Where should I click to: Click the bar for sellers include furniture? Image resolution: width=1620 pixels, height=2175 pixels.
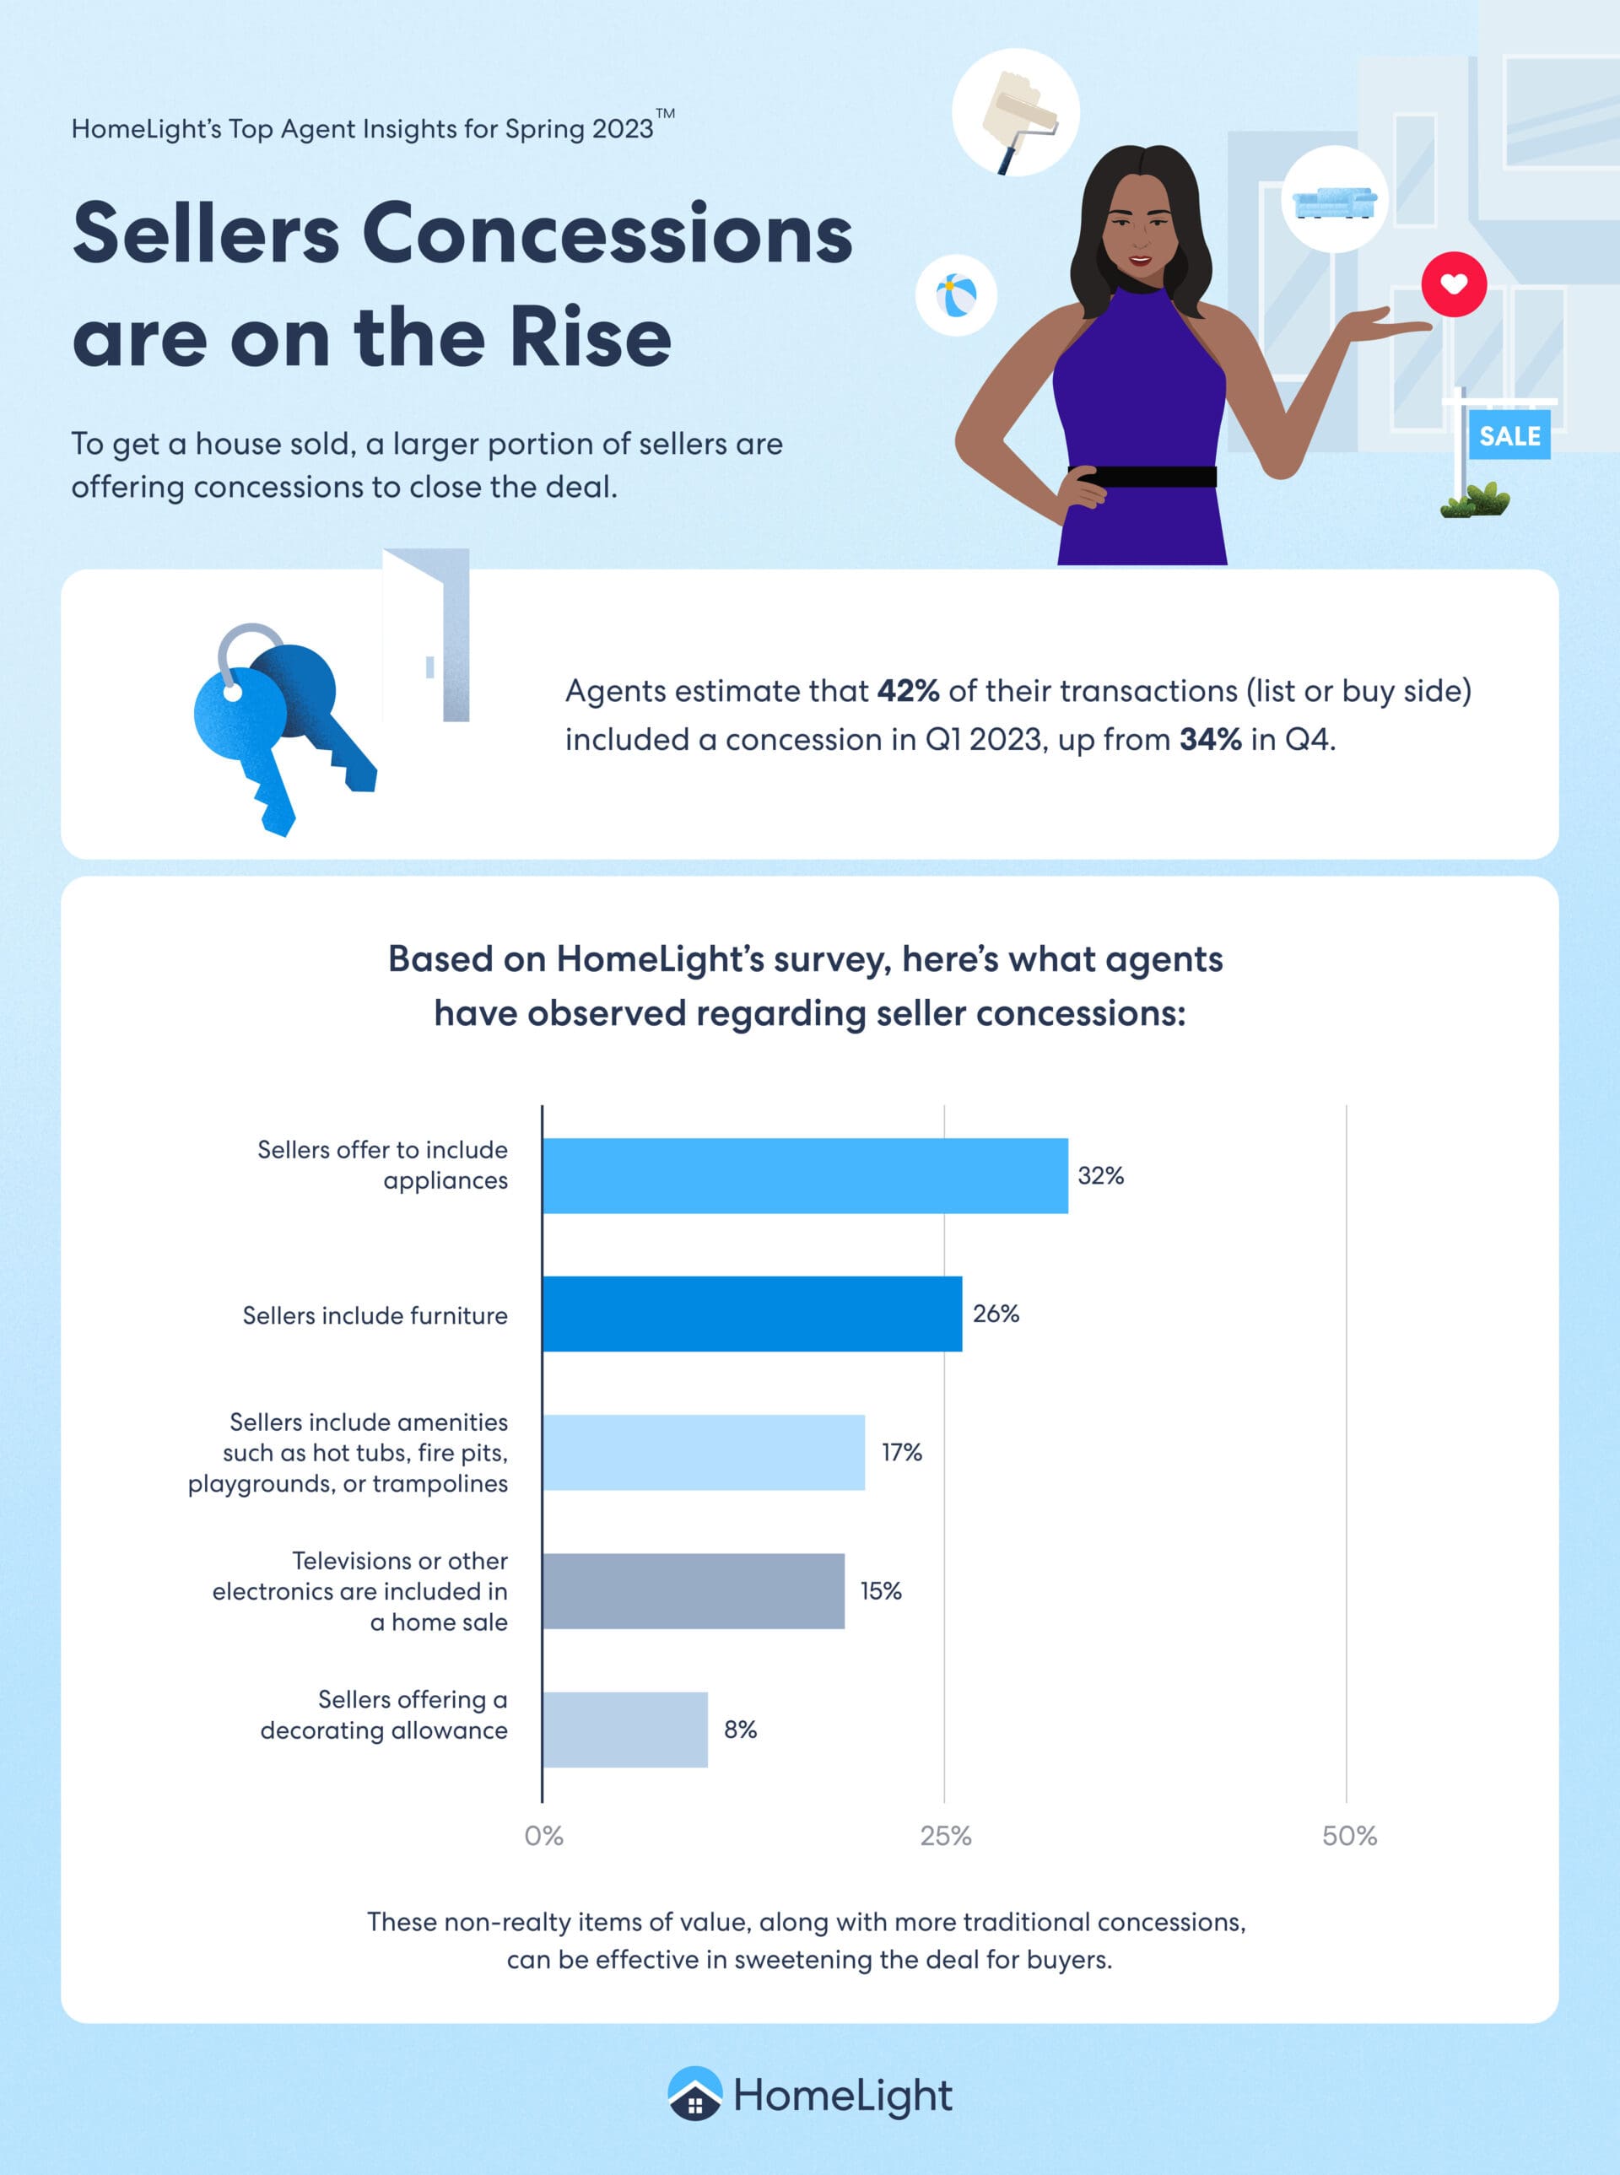tap(752, 1313)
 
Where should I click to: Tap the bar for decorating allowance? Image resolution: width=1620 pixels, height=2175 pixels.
tap(624, 1729)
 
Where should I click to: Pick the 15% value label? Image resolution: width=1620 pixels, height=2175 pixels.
tap(881, 1590)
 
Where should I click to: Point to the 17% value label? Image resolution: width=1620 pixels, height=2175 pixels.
tap(901, 1451)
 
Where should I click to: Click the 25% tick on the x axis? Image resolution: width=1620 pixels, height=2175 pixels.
tap(945, 1836)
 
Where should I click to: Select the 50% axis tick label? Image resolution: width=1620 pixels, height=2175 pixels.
tap(1349, 1836)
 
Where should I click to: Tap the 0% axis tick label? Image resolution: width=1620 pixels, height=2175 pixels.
tap(544, 1836)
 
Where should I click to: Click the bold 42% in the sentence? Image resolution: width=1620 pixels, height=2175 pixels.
tap(908, 691)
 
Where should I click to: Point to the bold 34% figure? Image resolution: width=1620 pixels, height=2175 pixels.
tap(1210, 739)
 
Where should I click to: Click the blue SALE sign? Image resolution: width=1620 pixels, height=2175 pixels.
tap(1509, 436)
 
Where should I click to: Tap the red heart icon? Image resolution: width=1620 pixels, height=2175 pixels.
tap(1453, 284)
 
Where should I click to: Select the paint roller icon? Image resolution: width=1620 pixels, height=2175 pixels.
tap(1017, 114)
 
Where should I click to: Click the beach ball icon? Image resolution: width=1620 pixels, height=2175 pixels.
tap(956, 295)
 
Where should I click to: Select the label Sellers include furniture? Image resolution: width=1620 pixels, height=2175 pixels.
tap(375, 1315)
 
